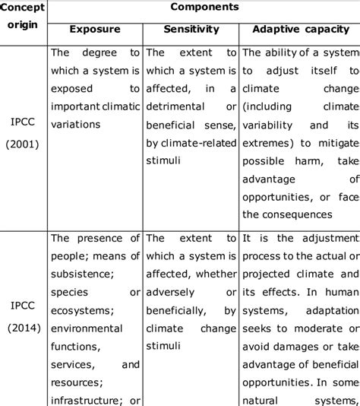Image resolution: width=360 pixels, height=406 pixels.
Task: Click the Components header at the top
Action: click(204, 7)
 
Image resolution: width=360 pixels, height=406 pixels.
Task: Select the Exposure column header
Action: click(94, 30)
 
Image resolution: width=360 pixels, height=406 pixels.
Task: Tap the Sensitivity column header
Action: click(191, 30)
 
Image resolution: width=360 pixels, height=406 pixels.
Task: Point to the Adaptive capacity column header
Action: click(300, 30)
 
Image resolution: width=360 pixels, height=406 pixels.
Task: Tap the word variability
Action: click(269, 125)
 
